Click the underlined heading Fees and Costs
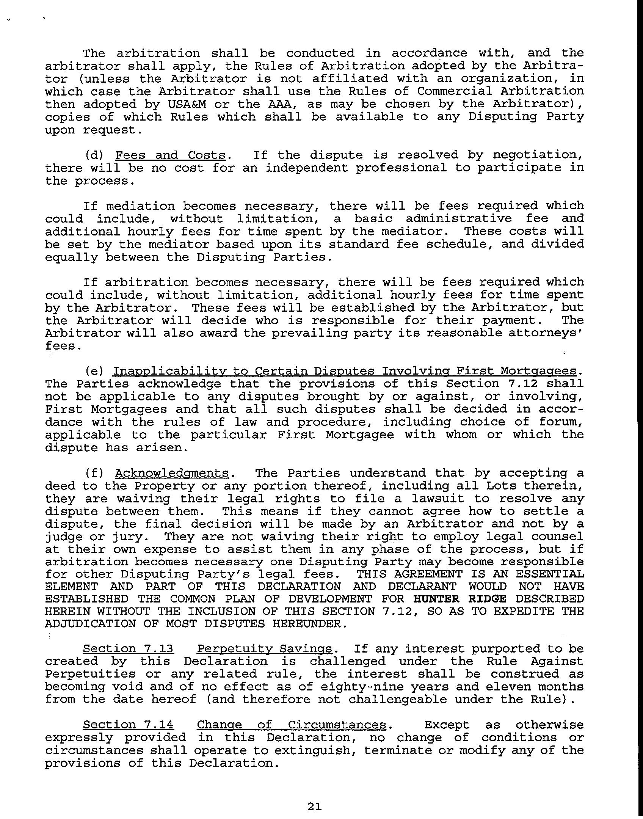coord(170,155)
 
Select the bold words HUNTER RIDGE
coord(460,599)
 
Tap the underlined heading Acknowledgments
coord(172,473)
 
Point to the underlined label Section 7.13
coord(128,649)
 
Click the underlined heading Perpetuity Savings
coord(265,649)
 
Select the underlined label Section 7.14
coord(128,725)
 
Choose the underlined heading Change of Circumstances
coord(291,725)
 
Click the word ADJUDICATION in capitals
coord(90,624)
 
